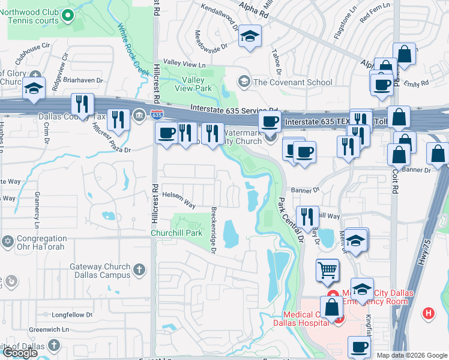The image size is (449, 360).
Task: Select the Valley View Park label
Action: (x=194, y=84)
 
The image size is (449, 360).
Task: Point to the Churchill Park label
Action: (x=175, y=232)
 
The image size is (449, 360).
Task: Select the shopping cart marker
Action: (x=327, y=270)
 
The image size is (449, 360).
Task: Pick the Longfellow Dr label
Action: (x=71, y=314)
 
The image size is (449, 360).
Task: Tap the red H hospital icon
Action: (x=428, y=313)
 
